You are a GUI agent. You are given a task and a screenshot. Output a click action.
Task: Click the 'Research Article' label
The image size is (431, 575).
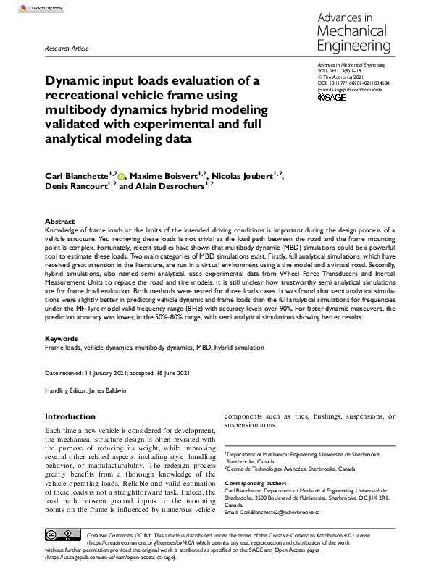point(67,49)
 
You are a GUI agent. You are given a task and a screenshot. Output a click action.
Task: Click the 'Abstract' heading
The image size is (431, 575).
point(59,221)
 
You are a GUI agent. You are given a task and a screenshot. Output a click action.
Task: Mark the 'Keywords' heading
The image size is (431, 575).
point(62,338)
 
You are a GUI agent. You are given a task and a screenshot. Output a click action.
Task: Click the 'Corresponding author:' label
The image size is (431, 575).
point(259,482)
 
